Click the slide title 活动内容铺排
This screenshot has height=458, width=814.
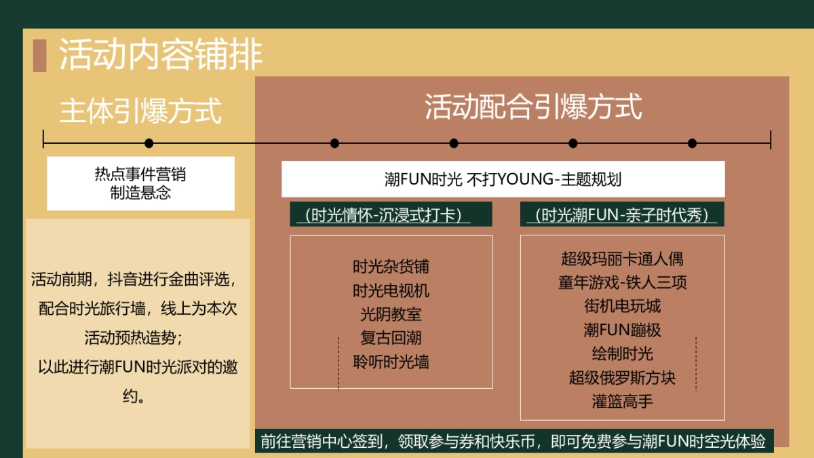tap(161, 55)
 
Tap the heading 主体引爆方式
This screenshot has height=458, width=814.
tap(140, 111)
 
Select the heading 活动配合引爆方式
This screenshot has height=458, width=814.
tap(533, 107)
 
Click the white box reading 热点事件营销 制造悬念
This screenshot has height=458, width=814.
tap(140, 183)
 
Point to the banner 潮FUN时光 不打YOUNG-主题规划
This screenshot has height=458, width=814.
tap(503, 179)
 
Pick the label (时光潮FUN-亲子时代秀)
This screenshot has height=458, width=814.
tap(622, 215)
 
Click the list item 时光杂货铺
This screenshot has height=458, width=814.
tap(391, 266)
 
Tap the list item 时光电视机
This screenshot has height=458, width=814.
tap(391, 290)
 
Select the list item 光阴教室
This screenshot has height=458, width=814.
tap(391, 314)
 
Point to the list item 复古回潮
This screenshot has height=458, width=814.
tap(391, 338)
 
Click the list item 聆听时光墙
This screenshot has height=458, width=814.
tap(391, 362)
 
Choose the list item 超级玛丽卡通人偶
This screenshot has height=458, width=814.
tap(622, 259)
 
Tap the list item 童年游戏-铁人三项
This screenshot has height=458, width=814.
tap(622, 282)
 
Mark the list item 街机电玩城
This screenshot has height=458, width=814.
tap(622, 306)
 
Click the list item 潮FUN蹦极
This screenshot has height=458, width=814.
tap(622, 330)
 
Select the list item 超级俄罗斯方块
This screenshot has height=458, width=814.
tap(622, 377)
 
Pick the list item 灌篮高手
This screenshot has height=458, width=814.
tap(622, 401)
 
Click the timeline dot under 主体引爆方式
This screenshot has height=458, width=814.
tap(149, 143)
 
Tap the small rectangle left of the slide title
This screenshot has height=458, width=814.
tap(39, 56)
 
